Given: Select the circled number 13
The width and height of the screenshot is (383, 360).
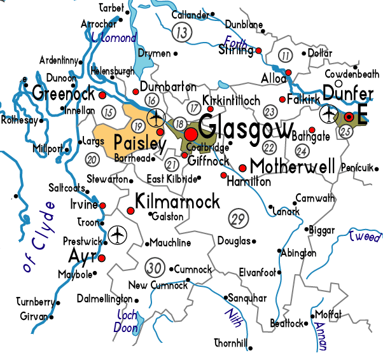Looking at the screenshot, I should coord(183,31).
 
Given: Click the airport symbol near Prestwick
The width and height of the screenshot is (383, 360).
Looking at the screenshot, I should coord(117,234).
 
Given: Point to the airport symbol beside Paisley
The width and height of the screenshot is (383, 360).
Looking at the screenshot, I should coord(156,118).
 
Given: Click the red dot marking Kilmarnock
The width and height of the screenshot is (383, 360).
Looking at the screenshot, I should coord(131,210).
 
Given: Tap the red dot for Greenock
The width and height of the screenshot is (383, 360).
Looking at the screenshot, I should coord(102,95).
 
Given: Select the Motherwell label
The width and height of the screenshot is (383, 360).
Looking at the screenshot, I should coord(292,167).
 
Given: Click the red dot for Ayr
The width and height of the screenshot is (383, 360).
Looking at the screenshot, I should coord(101,258).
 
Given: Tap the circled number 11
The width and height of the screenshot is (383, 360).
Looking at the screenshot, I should coord(285,55).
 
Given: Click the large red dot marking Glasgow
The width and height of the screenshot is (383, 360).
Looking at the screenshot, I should coord(191,134).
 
